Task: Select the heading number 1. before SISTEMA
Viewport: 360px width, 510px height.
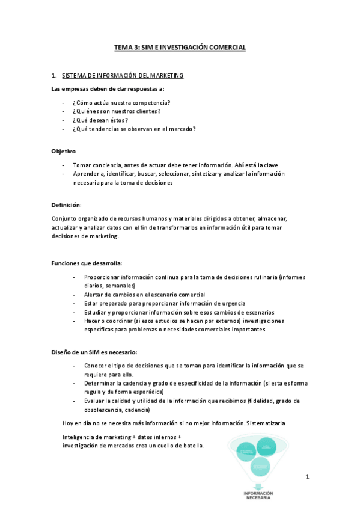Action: pos(55,76)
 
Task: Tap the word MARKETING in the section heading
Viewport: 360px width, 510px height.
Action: pos(166,76)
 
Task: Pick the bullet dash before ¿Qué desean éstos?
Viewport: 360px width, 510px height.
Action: pos(63,120)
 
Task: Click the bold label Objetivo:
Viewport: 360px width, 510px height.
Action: pos(64,151)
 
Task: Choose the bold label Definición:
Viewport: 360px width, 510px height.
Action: pos(66,205)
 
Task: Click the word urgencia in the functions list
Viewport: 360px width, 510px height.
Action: pos(234,303)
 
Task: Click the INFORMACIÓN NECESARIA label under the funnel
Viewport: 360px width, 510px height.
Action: pos(258,494)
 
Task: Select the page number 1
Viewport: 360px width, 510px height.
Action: pos(307,476)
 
